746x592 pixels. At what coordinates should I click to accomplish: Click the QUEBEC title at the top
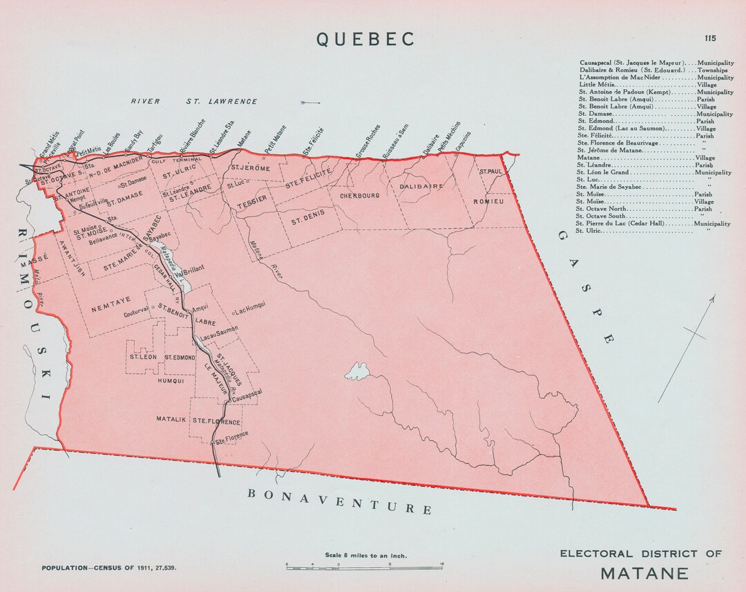(366, 39)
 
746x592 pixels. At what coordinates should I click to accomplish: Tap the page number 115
(710, 39)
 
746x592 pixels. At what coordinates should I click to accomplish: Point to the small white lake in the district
(358, 371)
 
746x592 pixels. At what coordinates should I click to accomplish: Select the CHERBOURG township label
(360, 196)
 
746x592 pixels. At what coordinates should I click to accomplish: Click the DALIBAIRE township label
(421, 186)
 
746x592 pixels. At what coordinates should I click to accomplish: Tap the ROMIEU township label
(488, 201)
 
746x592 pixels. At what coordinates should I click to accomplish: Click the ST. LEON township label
(142, 357)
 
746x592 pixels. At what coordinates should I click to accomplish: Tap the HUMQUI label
(172, 380)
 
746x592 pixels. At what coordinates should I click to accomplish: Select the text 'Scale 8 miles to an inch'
(365, 555)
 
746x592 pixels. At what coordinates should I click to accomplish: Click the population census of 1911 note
(109, 567)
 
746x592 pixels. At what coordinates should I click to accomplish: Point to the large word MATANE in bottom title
(644, 573)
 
